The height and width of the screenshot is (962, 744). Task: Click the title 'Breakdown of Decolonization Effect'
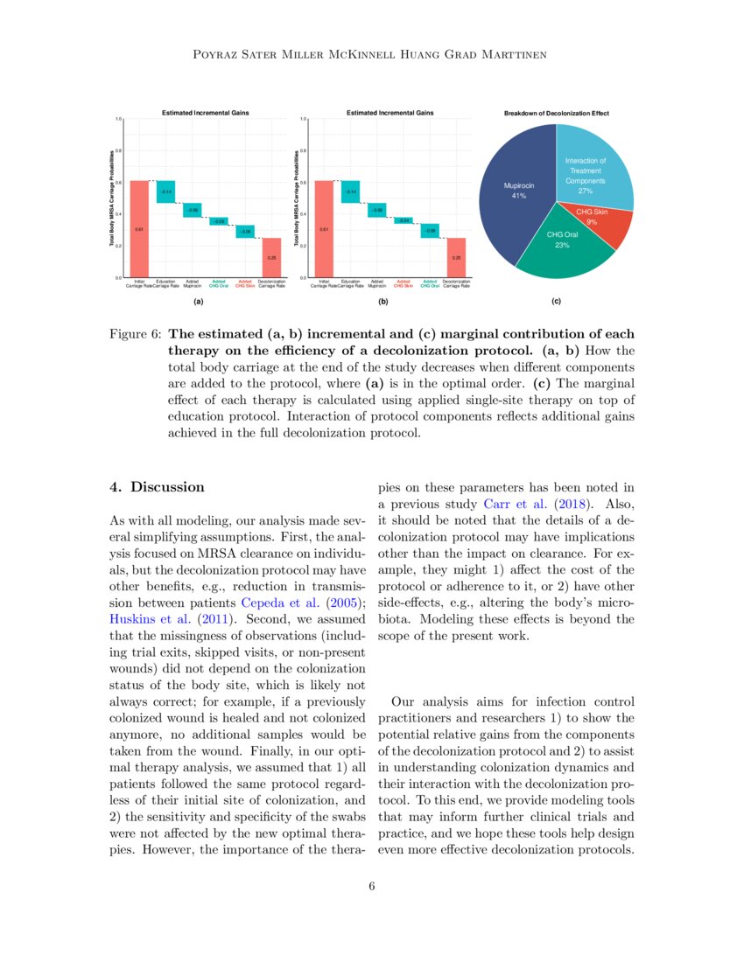[557, 114]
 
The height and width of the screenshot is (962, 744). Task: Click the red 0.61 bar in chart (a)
[139, 228]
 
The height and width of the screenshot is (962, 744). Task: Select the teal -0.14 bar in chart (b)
[350, 191]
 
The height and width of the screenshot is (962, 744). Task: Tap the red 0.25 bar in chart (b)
[455, 257]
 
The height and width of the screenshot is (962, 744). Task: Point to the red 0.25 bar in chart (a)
[271, 257]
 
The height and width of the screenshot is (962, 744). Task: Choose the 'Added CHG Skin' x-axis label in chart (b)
[403, 283]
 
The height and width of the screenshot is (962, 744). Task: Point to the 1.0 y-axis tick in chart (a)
[118, 119]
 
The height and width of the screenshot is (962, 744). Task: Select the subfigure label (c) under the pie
[557, 302]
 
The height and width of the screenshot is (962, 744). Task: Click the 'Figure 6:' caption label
[134, 335]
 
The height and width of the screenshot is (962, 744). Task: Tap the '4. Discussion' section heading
[156, 487]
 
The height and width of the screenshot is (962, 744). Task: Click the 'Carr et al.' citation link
[521, 504]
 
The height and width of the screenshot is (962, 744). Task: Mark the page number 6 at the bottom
[372, 887]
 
